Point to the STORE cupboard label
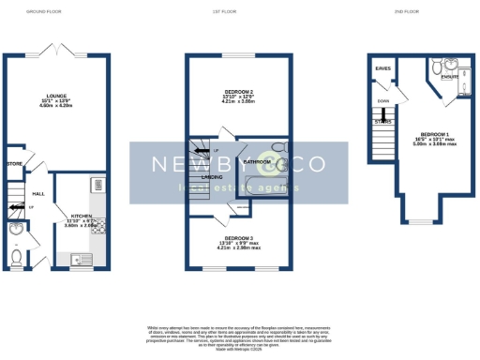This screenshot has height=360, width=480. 13,163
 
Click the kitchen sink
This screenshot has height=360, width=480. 76,258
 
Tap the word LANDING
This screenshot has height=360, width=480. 211,175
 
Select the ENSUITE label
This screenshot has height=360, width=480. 450,78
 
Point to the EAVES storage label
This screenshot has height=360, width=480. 382,68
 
